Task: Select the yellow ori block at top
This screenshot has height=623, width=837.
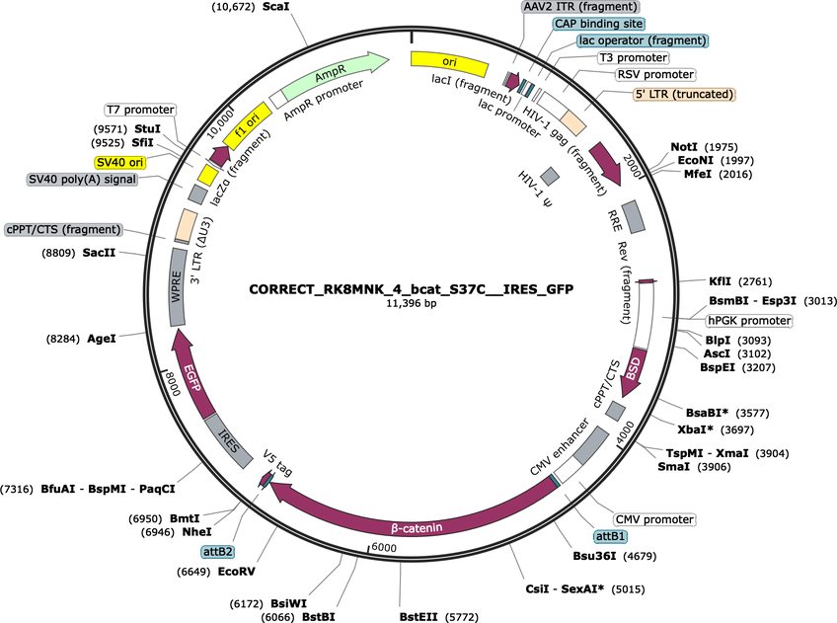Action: [449, 63]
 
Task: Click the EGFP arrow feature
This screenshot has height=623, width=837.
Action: [192, 373]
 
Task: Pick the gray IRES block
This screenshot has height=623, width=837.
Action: [228, 441]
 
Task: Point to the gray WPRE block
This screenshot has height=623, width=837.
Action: [178, 286]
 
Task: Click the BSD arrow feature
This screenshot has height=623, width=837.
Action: [634, 373]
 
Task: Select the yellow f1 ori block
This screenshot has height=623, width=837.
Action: [248, 125]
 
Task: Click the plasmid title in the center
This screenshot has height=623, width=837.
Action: [411, 289]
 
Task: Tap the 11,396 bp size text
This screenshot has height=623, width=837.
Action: [411, 304]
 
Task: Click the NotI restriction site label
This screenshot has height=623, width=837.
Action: [684, 147]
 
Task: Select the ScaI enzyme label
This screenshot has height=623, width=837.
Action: [276, 8]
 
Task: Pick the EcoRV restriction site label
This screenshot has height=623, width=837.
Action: [237, 572]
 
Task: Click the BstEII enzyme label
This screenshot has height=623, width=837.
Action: [418, 617]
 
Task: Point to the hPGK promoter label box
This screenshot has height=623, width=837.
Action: [749, 321]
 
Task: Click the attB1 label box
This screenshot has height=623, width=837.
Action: [610, 536]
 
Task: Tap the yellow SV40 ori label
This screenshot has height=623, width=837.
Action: [120, 162]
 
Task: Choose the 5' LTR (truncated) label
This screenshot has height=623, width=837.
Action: [684, 95]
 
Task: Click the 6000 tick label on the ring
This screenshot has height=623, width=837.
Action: [384, 548]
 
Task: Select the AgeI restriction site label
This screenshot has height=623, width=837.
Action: [102, 339]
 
